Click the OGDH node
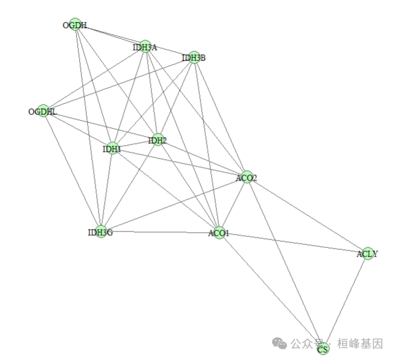point(75,24)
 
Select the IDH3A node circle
point(145,46)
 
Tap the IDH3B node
point(194,58)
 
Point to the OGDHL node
point(43,111)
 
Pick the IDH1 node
point(112,148)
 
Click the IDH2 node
point(158,140)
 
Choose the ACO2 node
point(246,178)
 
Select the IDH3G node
point(100,231)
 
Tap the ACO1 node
point(218,233)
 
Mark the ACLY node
point(367,253)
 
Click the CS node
point(323,349)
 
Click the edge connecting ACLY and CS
point(345,301)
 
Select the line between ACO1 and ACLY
point(293,243)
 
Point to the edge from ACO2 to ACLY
point(307,216)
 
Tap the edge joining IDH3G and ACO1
point(159,232)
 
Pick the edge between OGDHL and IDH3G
point(71,171)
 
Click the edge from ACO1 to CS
point(270,291)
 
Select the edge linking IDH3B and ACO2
point(221,118)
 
